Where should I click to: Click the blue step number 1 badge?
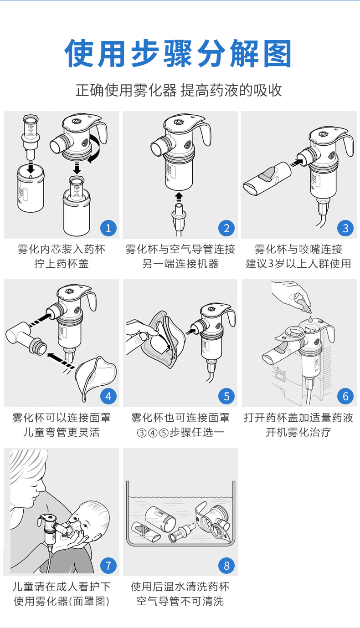pos(108,228)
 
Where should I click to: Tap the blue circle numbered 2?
pos(226,228)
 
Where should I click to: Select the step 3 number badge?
pos(345,228)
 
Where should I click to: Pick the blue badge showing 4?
pos(108,396)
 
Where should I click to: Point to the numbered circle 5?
pos(226,396)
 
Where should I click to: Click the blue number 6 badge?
pos(345,396)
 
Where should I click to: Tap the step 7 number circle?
pos(108,566)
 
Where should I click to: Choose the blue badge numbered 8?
pos(226,566)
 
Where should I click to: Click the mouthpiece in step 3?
pos(267,179)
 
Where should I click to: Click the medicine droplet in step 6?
pos(310,319)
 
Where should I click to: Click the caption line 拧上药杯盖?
pos(61,264)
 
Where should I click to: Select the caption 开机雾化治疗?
pos(298,432)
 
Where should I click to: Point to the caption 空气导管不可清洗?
pos(180,602)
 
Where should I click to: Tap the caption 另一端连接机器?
pos(180,264)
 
